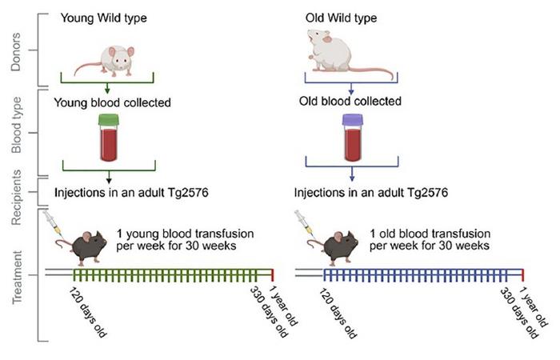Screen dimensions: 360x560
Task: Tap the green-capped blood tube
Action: pyautogui.click(x=108, y=138)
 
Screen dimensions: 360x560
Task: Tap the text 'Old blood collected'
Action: pyautogui.click(x=350, y=102)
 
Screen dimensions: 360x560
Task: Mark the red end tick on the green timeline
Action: pyautogui.click(x=272, y=274)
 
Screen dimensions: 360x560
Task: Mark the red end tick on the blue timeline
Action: pyautogui.click(x=523, y=274)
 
